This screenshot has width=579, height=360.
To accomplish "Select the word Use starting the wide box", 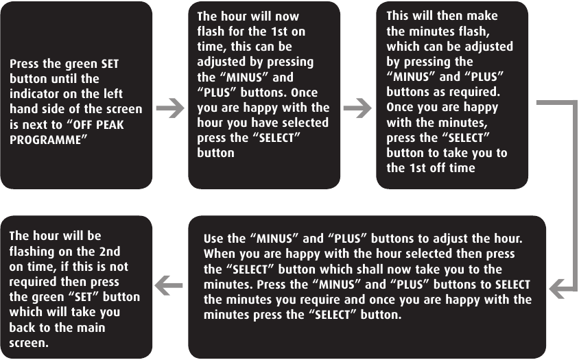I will point(215,239).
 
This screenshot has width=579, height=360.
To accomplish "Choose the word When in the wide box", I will point(220,254).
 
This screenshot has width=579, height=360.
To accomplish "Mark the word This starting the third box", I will point(400,16).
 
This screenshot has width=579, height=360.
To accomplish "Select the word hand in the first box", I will point(25,109).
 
